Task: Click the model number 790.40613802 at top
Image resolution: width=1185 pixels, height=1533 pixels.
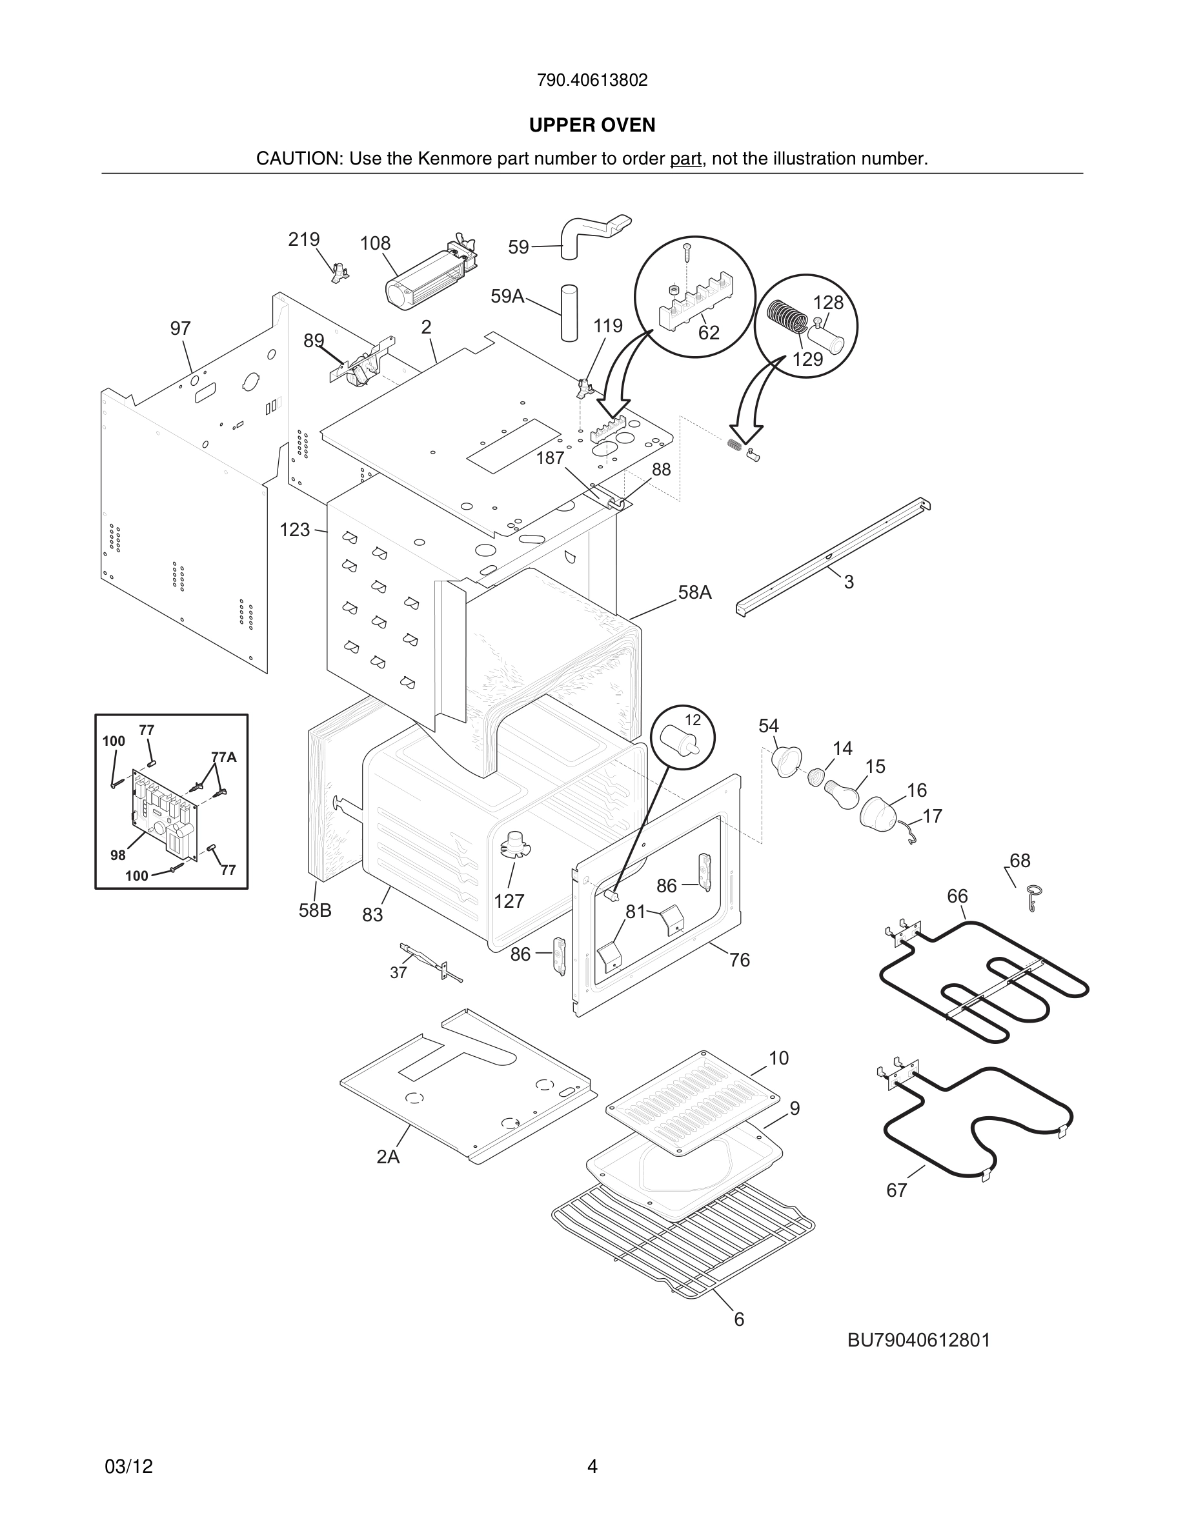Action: (592, 81)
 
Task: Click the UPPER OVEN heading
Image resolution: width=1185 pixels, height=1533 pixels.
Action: (592, 125)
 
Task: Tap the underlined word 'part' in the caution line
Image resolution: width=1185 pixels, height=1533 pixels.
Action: (685, 159)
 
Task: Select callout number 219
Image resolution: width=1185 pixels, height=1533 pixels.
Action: (303, 239)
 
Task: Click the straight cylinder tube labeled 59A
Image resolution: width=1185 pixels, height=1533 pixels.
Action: (569, 312)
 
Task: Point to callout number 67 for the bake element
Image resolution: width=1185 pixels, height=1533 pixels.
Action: (896, 1190)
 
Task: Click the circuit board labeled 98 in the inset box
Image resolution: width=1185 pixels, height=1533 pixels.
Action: (165, 814)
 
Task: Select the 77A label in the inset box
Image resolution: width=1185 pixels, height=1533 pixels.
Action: (223, 757)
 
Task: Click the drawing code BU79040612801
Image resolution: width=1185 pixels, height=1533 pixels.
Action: (918, 1340)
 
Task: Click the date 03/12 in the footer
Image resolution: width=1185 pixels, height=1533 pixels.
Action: (128, 1467)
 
